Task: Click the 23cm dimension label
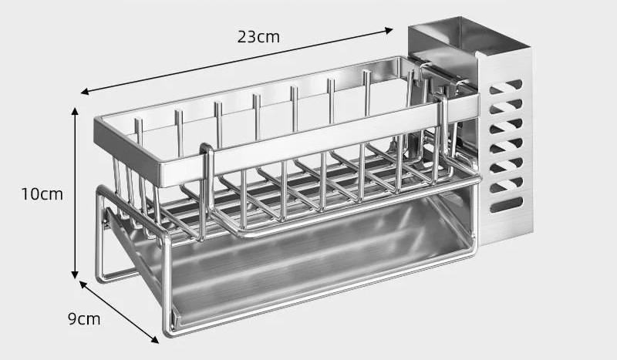click(x=258, y=37)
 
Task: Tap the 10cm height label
click(x=42, y=194)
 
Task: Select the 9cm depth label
click(x=84, y=318)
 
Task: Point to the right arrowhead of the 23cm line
click(x=389, y=30)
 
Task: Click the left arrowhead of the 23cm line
click(x=85, y=92)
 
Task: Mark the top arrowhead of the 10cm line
click(x=75, y=111)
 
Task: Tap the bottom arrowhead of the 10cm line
click(x=75, y=274)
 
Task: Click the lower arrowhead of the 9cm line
click(x=155, y=339)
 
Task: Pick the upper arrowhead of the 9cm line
click(x=83, y=284)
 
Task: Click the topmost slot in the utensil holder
click(x=506, y=87)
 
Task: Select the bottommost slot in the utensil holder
click(x=507, y=205)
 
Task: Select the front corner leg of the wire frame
click(x=167, y=283)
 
